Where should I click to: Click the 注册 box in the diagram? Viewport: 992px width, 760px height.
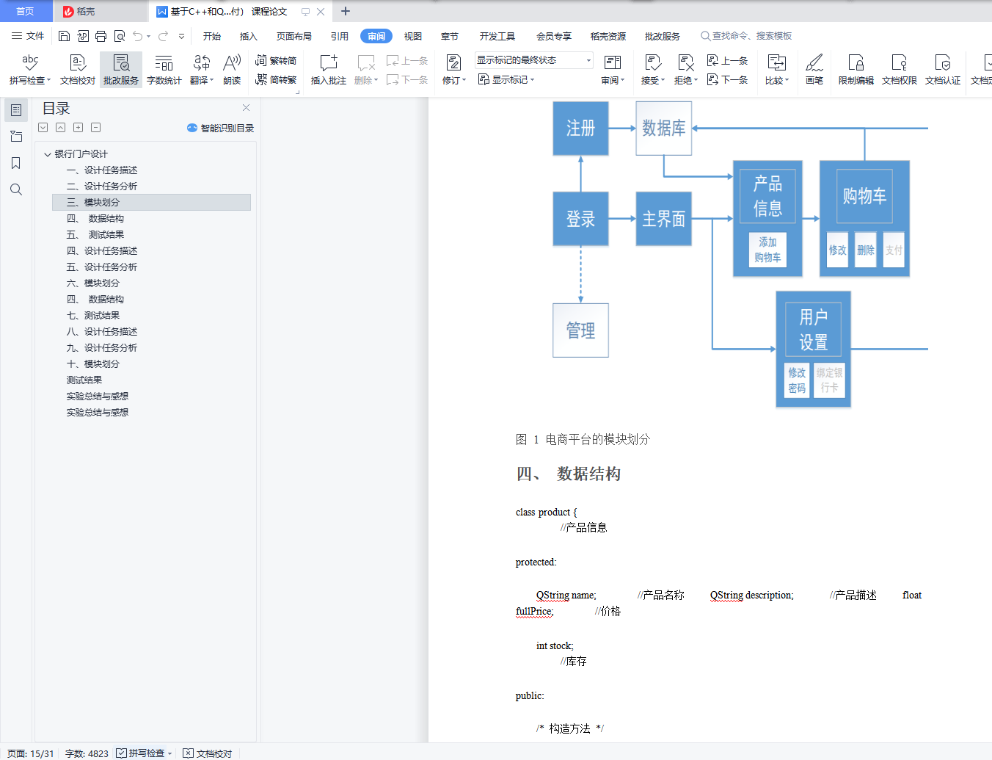tap(580, 129)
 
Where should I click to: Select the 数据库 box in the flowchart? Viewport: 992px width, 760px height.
tap(663, 129)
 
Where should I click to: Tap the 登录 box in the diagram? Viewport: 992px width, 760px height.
tap(580, 219)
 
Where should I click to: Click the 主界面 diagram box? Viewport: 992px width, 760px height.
tap(663, 219)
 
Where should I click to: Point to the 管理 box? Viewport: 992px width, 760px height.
tap(580, 330)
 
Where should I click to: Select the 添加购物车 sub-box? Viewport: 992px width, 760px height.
tap(767, 250)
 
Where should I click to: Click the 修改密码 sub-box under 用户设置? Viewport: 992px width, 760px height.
tap(797, 380)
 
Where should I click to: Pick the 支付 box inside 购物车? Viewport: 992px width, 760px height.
tap(894, 250)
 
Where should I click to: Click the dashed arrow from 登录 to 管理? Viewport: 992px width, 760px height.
tap(580, 275)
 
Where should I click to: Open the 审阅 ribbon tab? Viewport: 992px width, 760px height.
tap(376, 36)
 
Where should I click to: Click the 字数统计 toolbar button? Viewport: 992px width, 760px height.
tap(164, 70)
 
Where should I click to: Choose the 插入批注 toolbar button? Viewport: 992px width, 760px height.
tap(328, 70)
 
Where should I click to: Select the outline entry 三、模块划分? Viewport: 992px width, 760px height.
tap(93, 203)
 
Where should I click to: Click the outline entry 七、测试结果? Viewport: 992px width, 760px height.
tap(93, 316)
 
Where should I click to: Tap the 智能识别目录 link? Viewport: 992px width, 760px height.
tap(221, 128)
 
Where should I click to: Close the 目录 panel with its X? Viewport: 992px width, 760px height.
tap(246, 108)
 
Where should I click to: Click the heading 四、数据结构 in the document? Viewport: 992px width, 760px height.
tap(569, 474)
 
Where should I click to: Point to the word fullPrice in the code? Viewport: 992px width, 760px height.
tap(533, 611)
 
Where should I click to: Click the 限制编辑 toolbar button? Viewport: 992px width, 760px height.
tap(856, 70)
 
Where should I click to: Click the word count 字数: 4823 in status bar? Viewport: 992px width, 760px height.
tap(87, 753)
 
